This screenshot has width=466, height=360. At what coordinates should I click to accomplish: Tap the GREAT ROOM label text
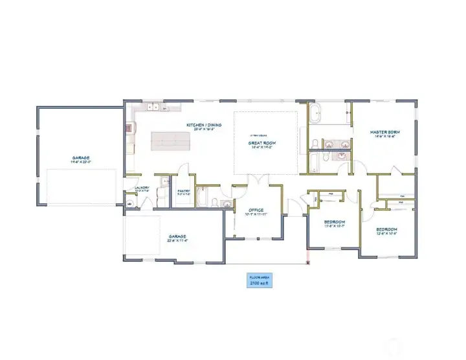coord(263,144)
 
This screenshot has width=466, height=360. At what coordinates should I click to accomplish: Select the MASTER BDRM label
coord(384,133)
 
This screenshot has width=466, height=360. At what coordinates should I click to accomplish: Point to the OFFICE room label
coord(254,211)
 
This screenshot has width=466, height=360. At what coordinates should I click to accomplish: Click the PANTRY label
coord(183,192)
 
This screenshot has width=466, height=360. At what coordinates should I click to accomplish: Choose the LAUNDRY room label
coord(142,189)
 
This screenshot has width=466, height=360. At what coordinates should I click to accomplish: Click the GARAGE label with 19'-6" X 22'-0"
coord(81,159)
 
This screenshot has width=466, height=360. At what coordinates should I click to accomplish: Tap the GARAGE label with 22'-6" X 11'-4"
coord(177,238)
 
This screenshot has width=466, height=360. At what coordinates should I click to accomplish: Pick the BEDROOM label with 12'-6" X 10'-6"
coord(387,231)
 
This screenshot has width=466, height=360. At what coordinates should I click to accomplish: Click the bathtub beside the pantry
coord(201,197)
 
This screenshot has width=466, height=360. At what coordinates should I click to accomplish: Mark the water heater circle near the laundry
coord(129,204)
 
